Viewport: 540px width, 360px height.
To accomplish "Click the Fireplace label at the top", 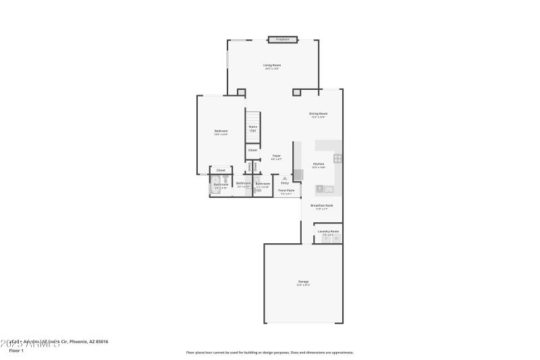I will [x=282, y=40].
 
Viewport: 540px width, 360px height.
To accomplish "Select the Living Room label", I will [x=272, y=66].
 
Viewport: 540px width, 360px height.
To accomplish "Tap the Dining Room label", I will [x=319, y=114].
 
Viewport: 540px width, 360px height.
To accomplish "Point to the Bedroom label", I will [x=221, y=131].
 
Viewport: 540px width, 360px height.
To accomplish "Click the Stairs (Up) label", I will [x=252, y=128].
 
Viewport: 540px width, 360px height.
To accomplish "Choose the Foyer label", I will [x=276, y=157].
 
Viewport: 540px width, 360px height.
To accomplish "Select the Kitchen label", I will [x=319, y=164].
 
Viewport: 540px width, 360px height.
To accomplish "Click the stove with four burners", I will [x=337, y=159].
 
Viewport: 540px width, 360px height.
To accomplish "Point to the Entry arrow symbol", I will [x=285, y=178].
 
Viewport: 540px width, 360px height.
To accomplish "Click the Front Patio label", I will [x=286, y=191].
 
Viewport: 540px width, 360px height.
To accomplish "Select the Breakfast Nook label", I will [x=322, y=206].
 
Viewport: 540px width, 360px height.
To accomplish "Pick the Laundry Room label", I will [x=329, y=232].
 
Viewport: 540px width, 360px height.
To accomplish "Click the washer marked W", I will [x=335, y=238].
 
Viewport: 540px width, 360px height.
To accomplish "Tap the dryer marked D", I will [x=325, y=238].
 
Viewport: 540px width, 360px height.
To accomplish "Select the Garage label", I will [x=303, y=282].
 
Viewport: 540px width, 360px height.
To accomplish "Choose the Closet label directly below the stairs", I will [x=252, y=150].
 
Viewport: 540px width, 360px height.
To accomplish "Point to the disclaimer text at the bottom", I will [x=269, y=352].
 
